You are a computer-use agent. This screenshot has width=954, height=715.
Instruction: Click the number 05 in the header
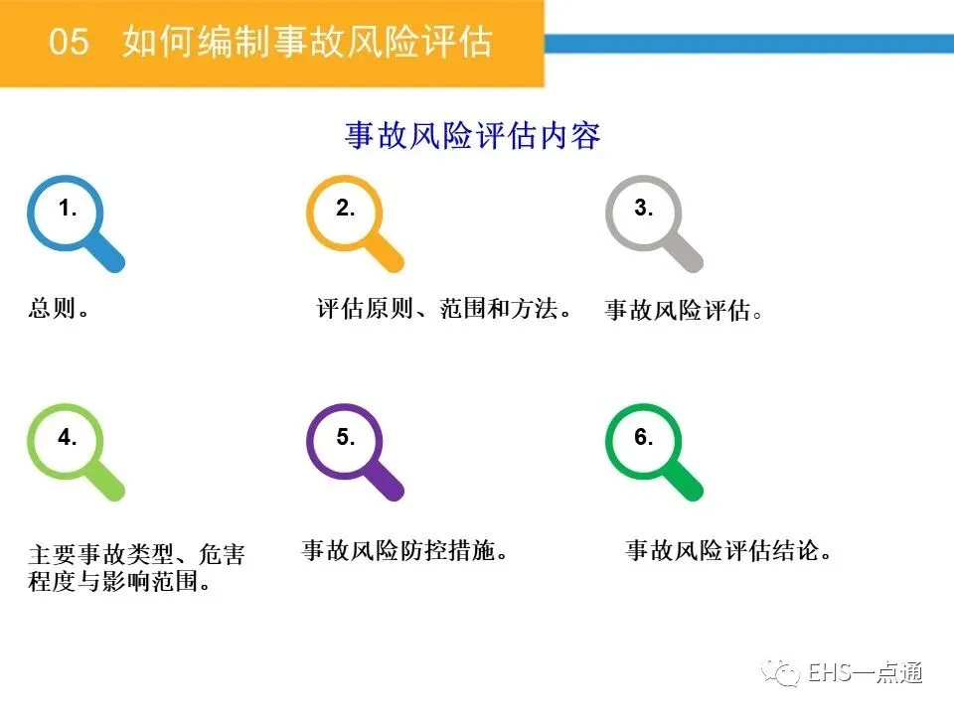[x=69, y=42]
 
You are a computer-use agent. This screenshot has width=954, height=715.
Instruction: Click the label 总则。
[x=59, y=308]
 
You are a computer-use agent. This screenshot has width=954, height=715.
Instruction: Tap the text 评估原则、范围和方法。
[x=444, y=309]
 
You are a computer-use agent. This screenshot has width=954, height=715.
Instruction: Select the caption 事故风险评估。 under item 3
[x=684, y=310]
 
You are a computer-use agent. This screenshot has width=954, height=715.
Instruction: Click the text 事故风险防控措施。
[x=404, y=550]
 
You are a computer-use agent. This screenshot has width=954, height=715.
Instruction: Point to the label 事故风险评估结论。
[x=728, y=550]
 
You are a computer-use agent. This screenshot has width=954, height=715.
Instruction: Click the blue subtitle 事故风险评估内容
[x=473, y=135]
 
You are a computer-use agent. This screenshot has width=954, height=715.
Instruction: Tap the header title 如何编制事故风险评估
[x=307, y=42]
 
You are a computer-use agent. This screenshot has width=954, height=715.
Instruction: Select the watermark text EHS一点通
[x=866, y=673]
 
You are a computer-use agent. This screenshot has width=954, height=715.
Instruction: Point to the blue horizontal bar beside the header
[x=749, y=43]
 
